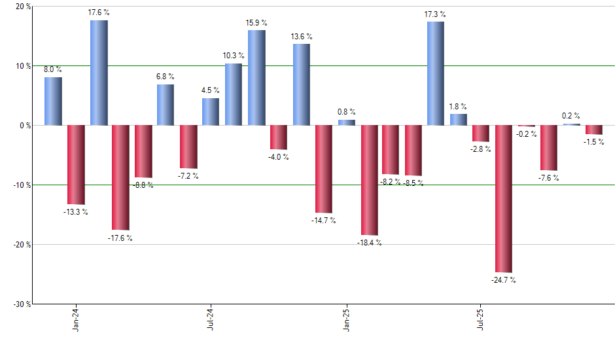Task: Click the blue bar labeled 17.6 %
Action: pos(99,73)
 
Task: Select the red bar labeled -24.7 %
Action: pos(503,198)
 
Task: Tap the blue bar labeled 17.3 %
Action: pos(436,73)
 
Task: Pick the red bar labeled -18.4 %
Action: pos(369,180)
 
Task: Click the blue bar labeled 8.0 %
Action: pos(53,101)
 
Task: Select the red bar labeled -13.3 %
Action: pos(76,164)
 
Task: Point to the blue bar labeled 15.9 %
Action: pos(256,78)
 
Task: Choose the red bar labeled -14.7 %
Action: pos(323,169)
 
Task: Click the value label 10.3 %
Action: pos(234,56)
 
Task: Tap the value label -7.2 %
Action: pos(188,176)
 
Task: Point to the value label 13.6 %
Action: pos(301,37)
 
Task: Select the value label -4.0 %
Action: pos(279,157)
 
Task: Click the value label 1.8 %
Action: pos(459,107)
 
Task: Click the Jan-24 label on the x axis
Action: pos(76,319)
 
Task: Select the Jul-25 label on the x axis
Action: pos(481,319)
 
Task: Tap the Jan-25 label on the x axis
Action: pos(346,319)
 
